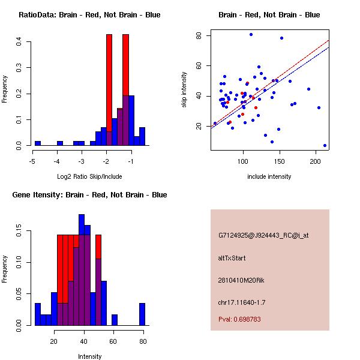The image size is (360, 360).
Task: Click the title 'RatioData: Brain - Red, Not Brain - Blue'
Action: [89, 15]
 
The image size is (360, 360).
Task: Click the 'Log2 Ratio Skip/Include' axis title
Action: [89, 176]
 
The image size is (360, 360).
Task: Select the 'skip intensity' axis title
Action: [184, 90]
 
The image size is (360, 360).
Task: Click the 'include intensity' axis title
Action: [269, 176]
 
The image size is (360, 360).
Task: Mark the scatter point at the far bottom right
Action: [325, 145]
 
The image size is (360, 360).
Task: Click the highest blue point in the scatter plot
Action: [251, 34]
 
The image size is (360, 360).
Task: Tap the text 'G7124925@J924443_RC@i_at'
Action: [263, 236]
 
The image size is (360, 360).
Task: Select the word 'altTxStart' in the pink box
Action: [232, 258]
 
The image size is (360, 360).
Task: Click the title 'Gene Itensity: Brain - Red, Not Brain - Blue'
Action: [89, 195]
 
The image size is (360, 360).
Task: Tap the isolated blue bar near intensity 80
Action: [142, 314]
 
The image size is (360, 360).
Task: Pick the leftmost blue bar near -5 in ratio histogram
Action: [38, 143]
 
